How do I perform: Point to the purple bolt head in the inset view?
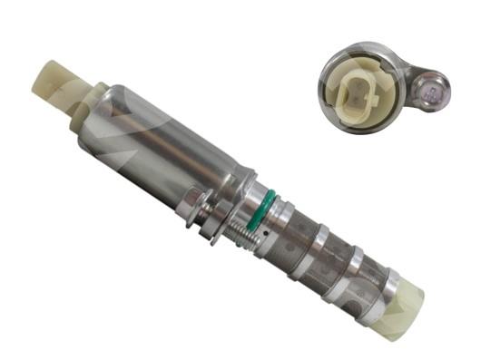pos(433,89)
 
